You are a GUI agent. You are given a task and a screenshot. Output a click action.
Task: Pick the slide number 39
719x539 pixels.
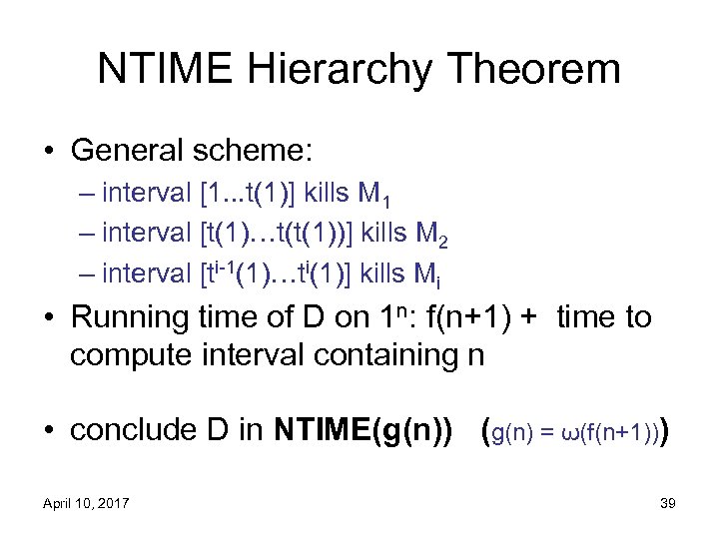tap(668, 503)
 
